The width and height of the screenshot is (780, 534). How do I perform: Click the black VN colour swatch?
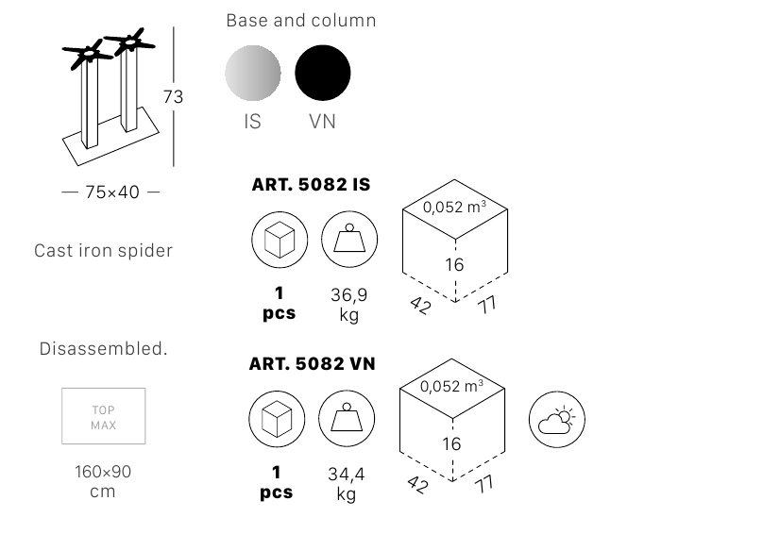click(x=323, y=73)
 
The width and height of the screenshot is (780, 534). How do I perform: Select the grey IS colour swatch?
click(x=253, y=73)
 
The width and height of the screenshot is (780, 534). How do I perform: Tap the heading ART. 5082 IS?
click(x=311, y=185)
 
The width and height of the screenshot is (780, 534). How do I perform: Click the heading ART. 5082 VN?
click(x=312, y=363)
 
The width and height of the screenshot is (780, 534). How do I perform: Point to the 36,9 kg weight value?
click(x=349, y=305)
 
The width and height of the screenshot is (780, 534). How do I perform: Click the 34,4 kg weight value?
click(x=347, y=484)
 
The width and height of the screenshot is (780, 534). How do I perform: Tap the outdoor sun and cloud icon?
click(x=556, y=419)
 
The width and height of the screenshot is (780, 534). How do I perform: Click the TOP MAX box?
click(x=104, y=416)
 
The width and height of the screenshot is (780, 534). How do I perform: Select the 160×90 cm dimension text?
click(x=103, y=481)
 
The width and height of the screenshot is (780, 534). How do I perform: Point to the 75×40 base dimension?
click(x=112, y=192)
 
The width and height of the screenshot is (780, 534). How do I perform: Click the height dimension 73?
click(x=173, y=96)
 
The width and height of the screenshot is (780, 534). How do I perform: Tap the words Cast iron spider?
click(x=104, y=251)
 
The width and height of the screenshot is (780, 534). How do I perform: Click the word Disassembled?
click(x=104, y=348)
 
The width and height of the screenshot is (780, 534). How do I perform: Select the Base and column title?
click(x=301, y=21)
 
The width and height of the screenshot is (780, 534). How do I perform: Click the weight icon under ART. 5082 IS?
click(x=349, y=240)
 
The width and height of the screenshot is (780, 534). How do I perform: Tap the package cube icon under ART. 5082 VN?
click(x=277, y=419)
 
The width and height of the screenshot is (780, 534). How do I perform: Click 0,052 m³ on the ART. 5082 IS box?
click(x=454, y=207)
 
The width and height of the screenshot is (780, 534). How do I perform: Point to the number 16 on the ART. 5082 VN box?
click(x=451, y=443)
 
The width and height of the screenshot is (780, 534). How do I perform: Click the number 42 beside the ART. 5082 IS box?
click(x=420, y=306)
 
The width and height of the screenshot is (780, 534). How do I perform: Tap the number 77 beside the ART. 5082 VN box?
click(x=484, y=483)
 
